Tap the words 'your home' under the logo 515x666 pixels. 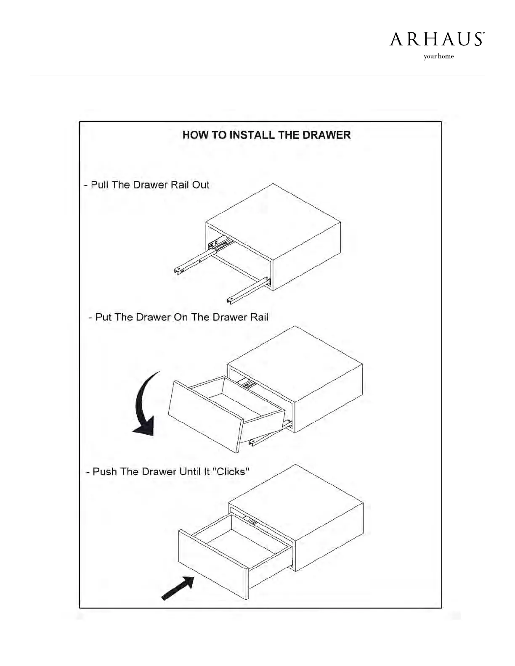pyautogui.click(x=438, y=57)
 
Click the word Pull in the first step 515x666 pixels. pyautogui.click(x=100, y=185)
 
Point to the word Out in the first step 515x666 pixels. pyautogui.click(x=200, y=185)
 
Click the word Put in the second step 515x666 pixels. pyautogui.click(x=104, y=317)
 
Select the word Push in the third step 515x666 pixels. pyautogui.click(x=105, y=471)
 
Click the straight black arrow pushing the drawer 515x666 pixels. pyautogui.click(x=178, y=587)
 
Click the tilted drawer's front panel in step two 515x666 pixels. pyautogui.click(x=204, y=415)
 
